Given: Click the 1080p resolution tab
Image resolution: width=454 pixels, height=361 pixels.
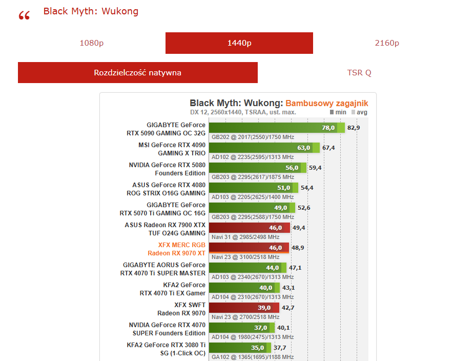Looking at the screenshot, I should pos(92,43).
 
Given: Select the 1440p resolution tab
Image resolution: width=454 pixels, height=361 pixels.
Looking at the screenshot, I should pos(239,43).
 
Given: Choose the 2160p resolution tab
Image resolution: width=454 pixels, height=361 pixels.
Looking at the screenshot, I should pos(387,43).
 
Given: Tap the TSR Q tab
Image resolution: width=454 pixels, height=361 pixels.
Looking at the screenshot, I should pos(359,73).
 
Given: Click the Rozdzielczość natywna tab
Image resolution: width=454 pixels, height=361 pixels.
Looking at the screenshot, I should pos(137,73).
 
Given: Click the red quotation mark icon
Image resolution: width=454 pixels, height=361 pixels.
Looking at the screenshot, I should pos(24,16).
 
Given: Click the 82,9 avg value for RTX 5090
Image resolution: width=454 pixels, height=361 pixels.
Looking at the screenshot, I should pos(354,128).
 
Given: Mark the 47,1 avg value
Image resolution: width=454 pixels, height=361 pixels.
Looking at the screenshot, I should pos(295,268).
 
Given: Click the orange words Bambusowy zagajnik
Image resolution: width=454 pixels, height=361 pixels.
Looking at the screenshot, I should pos(326,103).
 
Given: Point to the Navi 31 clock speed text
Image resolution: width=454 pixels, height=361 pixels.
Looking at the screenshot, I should pos(245,237).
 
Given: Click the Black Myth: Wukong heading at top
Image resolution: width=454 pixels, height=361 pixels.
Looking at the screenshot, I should pos(91,11).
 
